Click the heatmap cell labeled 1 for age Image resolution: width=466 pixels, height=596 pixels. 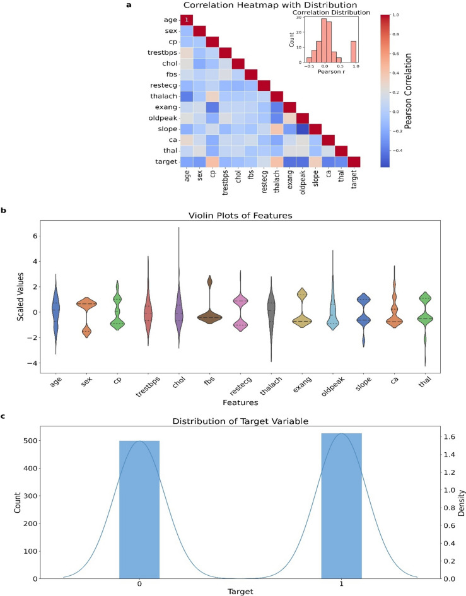[x=187, y=20]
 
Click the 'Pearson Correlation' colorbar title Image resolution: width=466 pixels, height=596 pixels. [x=426, y=90]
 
